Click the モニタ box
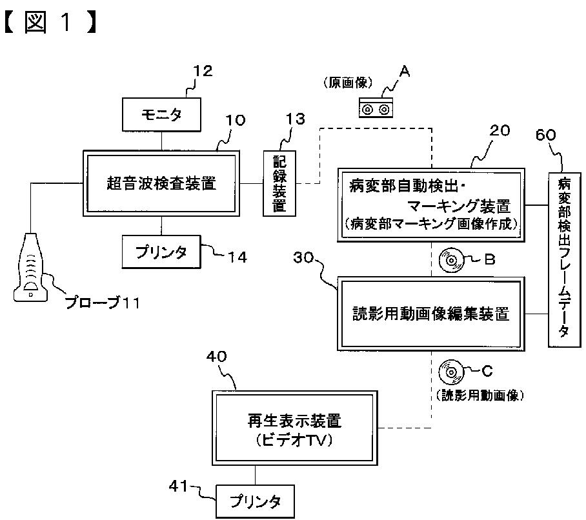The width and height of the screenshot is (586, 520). (161, 115)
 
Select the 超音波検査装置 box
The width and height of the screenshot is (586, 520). (161, 183)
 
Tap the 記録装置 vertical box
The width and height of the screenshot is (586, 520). (279, 183)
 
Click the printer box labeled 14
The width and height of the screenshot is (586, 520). (161, 252)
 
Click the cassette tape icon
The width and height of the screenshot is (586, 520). (376, 108)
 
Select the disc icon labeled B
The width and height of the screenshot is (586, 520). (451, 260)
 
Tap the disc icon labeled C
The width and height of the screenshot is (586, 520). (451, 372)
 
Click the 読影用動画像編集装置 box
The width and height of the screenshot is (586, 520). (431, 314)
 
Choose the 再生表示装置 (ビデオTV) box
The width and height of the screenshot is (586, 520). (295, 428)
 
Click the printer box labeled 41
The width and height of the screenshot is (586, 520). (256, 501)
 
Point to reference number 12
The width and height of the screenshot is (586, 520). (203, 70)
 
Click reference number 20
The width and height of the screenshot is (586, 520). (500, 130)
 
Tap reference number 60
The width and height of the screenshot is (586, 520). (545, 134)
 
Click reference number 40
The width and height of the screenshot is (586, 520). (216, 357)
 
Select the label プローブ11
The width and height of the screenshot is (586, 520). (103, 302)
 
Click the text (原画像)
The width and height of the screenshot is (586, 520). (348, 83)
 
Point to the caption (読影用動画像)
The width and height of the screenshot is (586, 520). (480, 395)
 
